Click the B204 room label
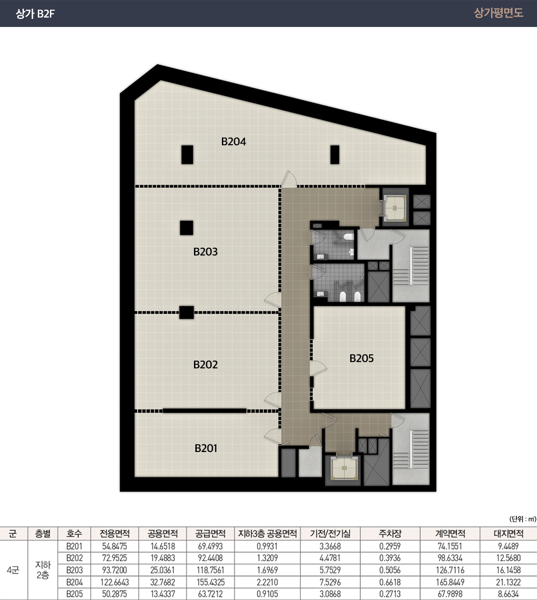[234, 142]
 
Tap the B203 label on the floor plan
[205, 252]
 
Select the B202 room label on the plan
[205, 365]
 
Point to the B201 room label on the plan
[206, 448]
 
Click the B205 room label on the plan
[361, 358]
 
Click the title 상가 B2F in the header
[35, 13]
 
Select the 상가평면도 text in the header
[498, 13]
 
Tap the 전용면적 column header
[115, 534]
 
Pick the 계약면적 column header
[450, 534]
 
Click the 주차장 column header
[390, 534]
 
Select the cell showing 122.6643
[115, 582]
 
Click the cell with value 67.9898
[450, 594]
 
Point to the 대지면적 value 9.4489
[509, 546]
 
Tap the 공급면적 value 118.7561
[210, 570]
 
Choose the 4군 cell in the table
[13, 570]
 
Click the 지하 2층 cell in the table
[43, 570]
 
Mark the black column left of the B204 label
[187, 155]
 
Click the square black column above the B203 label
[186, 228]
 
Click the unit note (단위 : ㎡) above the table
[523, 519]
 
